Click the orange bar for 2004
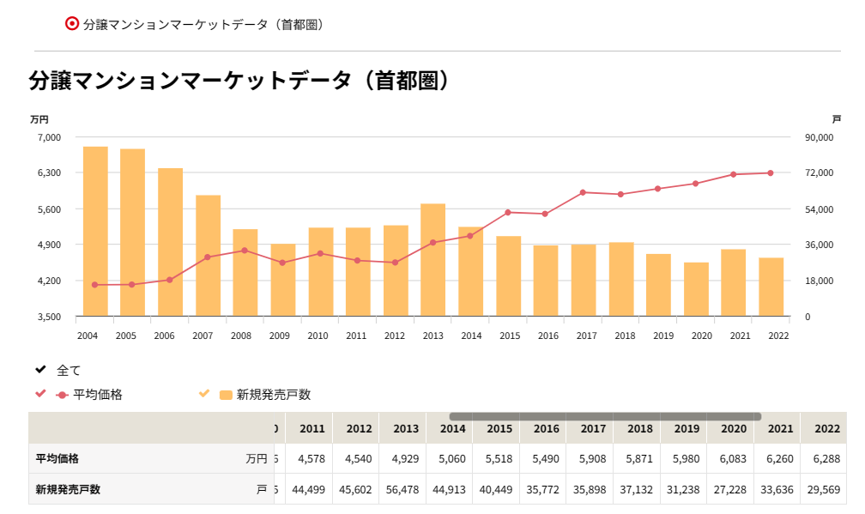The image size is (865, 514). [x=94, y=231]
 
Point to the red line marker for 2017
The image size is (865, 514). [x=583, y=192]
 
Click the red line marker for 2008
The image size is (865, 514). [x=245, y=251]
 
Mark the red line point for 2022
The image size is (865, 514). [x=771, y=173]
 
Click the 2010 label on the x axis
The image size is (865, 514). [x=318, y=336]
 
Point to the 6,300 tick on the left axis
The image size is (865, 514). [x=50, y=172]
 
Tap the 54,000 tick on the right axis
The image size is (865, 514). [x=819, y=209]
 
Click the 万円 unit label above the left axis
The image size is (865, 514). [x=39, y=119]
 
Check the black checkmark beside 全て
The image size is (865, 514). [x=40, y=370]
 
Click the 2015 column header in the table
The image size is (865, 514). [x=499, y=428]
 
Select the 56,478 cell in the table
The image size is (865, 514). [x=405, y=490]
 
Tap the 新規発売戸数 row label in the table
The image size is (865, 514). [x=68, y=490]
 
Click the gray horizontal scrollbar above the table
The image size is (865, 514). [x=605, y=416]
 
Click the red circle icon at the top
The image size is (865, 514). [x=72, y=24]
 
